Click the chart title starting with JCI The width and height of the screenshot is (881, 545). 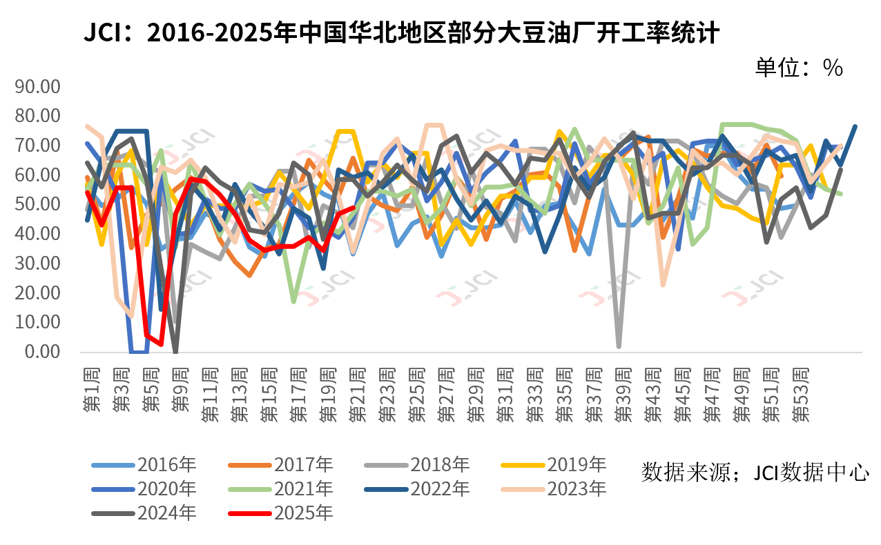(x=401, y=32)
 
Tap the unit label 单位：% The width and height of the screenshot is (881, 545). (x=798, y=68)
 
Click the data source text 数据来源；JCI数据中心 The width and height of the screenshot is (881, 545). (x=755, y=473)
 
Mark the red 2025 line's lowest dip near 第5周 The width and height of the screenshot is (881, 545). (x=161, y=344)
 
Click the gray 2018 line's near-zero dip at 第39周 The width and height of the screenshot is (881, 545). (x=619, y=346)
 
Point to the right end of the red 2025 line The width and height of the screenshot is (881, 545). (x=354, y=207)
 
